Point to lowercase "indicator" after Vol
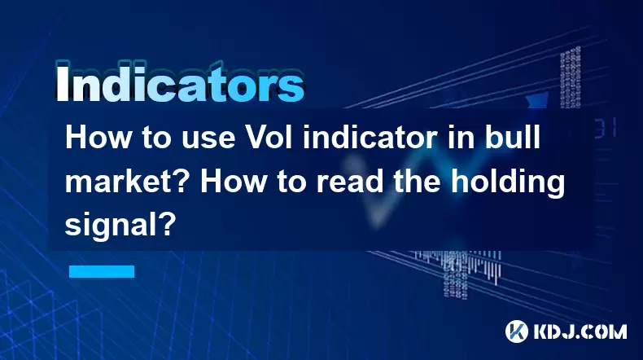(x=370, y=138)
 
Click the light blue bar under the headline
(x=102, y=271)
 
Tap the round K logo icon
(x=517, y=331)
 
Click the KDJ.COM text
(x=580, y=331)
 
